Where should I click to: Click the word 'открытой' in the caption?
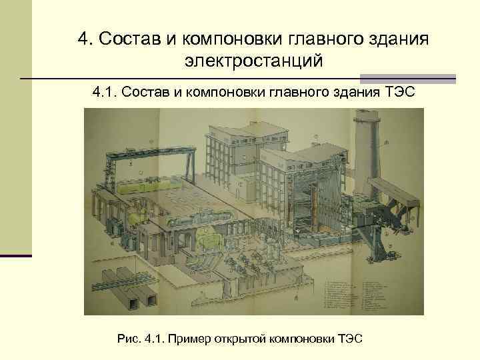click(x=239, y=339)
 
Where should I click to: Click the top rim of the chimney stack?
click(x=367, y=115)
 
